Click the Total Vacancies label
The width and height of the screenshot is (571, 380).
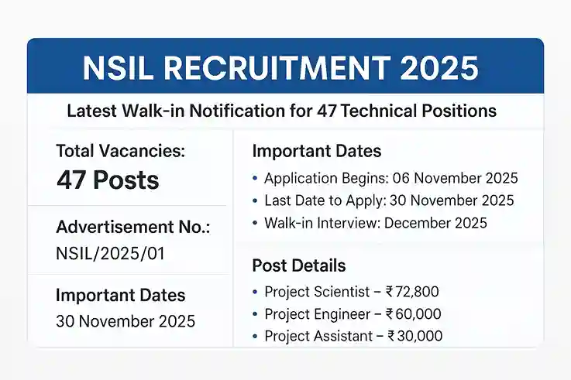(x=121, y=152)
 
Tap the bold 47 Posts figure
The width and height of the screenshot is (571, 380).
(x=108, y=180)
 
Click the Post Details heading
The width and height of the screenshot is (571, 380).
(x=299, y=266)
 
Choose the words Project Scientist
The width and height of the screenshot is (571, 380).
(x=314, y=292)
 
